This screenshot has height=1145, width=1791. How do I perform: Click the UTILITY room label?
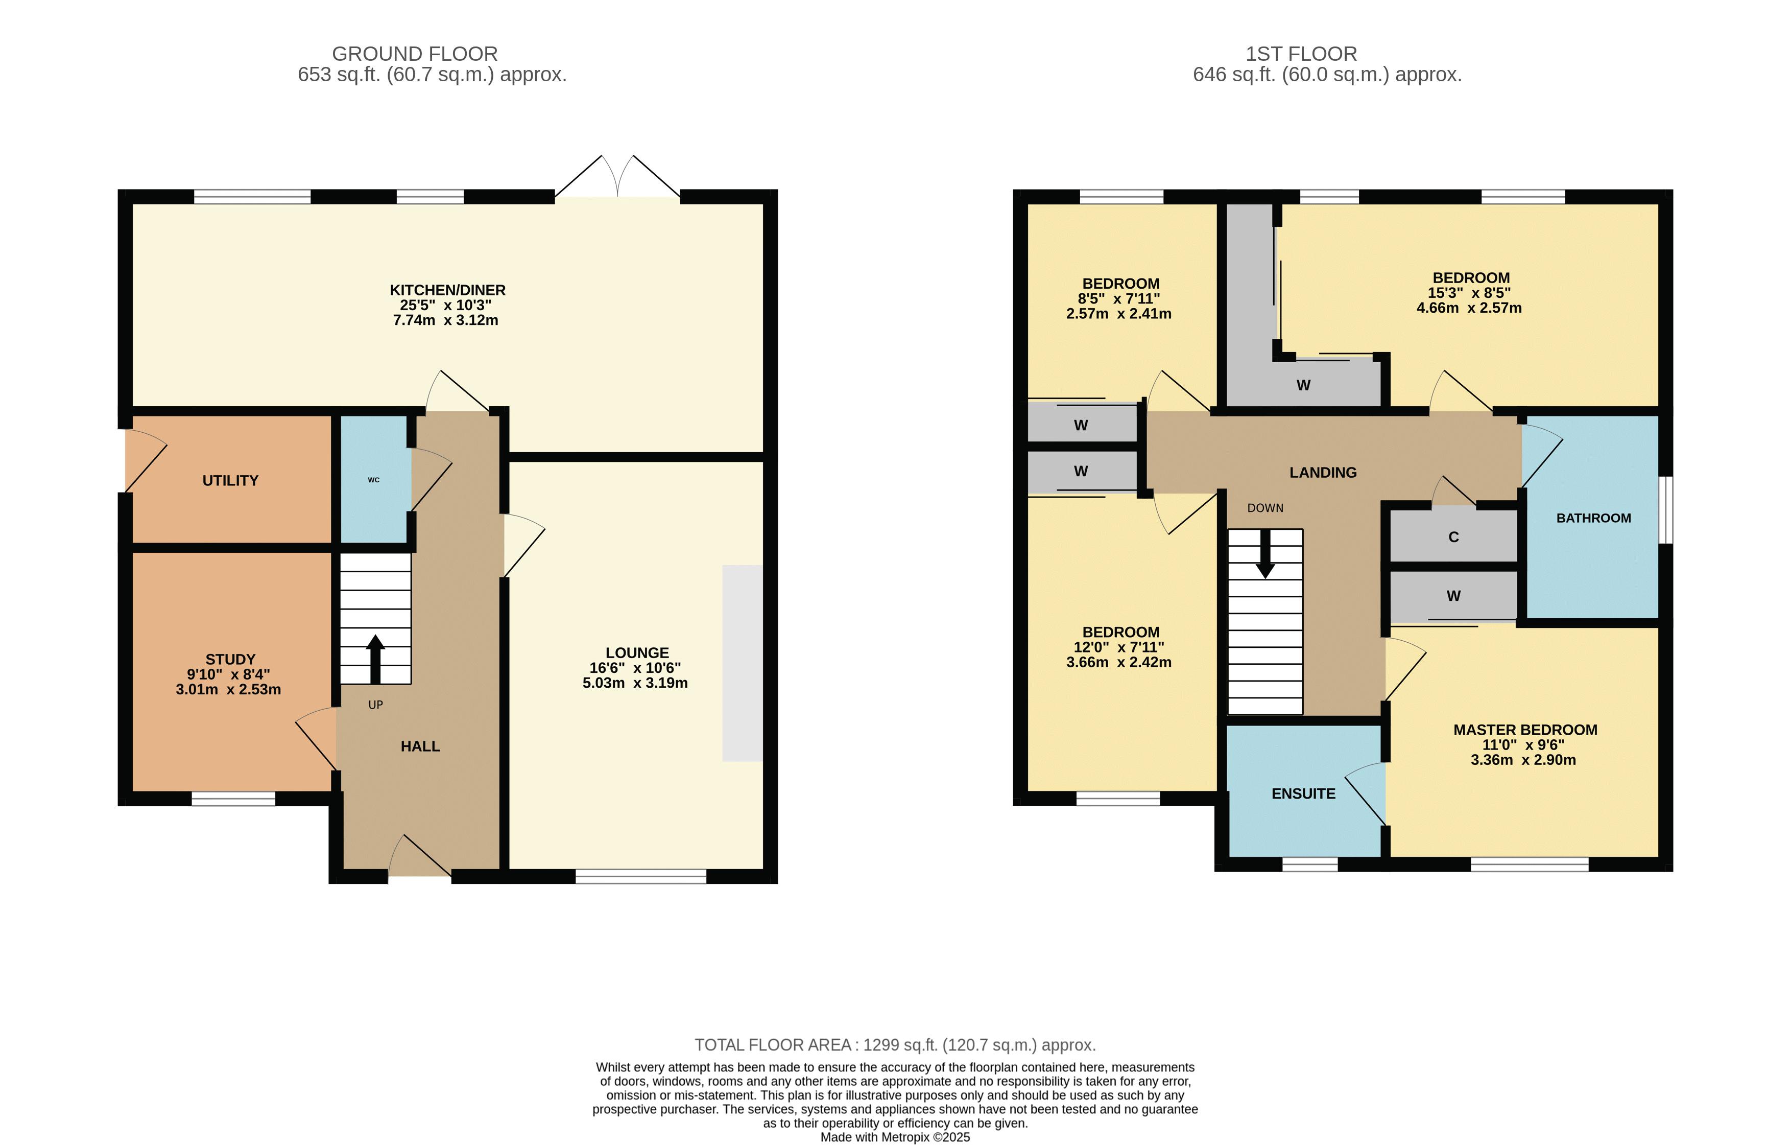click(x=230, y=481)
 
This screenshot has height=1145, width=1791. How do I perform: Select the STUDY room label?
click(x=230, y=659)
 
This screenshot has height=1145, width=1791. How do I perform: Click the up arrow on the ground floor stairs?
click(x=375, y=659)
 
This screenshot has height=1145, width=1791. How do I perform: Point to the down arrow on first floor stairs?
click(x=1265, y=553)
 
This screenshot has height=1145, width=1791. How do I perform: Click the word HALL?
click(x=420, y=746)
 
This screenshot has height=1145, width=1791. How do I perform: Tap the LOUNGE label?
click(x=637, y=652)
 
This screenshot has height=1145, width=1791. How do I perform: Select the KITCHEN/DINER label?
click(x=448, y=290)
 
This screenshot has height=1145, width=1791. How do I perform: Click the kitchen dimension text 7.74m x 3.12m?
click(x=445, y=320)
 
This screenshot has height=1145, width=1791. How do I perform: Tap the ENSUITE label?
click(x=1304, y=794)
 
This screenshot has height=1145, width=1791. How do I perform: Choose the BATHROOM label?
click(x=1594, y=518)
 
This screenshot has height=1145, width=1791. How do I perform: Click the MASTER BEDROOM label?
click(x=1525, y=730)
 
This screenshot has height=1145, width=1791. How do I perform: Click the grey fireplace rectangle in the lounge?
click(x=742, y=663)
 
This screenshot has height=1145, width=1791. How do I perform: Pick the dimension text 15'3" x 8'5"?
click(x=1469, y=292)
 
